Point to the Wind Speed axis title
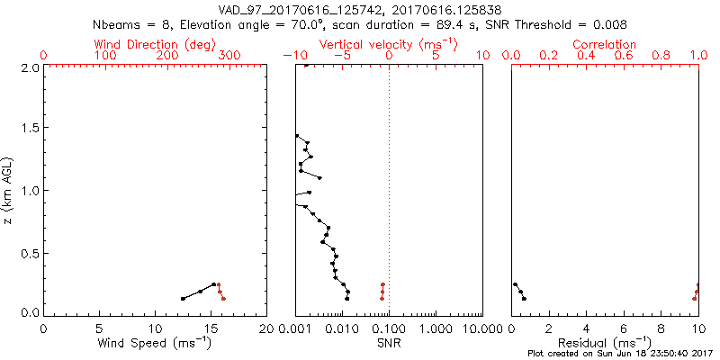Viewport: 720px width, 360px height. [x=155, y=342]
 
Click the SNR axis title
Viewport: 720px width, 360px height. [x=389, y=342]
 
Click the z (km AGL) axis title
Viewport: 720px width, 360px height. [x=10, y=189]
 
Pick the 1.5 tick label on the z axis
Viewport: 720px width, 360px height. [x=29, y=129]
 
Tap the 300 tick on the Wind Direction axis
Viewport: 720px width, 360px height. [x=229, y=56]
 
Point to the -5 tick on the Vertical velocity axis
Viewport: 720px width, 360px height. [x=341, y=56]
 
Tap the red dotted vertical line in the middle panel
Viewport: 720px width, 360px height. [x=389, y=180]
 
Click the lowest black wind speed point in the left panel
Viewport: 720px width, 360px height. [x=183, y=298]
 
